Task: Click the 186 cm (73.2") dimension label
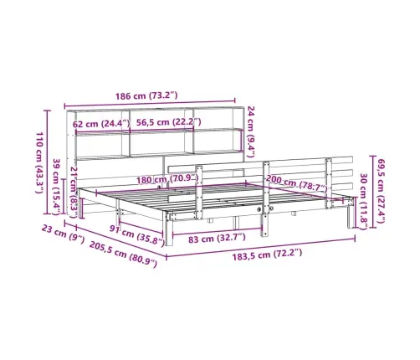coord(146,95)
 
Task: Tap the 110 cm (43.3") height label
coord(39,162)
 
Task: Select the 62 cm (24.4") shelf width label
coord(101,123)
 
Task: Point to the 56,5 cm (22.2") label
coord(168,122)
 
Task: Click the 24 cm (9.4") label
coord(251,131)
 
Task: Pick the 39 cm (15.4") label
coord(57,187)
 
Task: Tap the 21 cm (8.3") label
coord(74,192)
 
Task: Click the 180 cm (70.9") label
coord(167,179)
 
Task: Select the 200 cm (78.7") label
coord(296,184)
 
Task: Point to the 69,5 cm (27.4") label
coord(381,191)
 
